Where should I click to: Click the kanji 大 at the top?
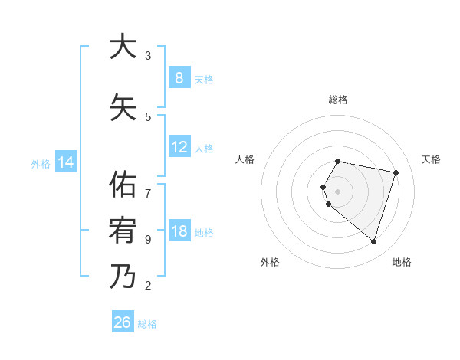123,47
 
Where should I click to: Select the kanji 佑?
123,185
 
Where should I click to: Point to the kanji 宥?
123,231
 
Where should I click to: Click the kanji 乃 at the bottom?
123,277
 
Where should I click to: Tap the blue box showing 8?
179,77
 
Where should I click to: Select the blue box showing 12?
179,147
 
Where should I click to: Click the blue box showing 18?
179,231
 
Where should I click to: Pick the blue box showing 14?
65,162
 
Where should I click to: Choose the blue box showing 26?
123,322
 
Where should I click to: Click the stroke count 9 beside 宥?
148,240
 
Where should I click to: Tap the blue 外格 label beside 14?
41,163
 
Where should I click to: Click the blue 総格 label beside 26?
147,324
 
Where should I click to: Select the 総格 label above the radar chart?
337,100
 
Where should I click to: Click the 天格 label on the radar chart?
431,159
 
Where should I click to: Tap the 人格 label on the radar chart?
245,159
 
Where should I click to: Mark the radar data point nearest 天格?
396,172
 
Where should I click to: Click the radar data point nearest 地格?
373,241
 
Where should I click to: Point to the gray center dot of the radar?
337,191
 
